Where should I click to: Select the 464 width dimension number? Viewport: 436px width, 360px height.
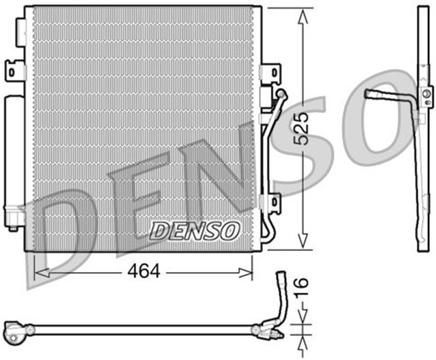coord(143,271)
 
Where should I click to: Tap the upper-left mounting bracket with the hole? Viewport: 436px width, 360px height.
coord(13,70)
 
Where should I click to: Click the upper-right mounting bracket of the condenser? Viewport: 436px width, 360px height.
coord(270,72)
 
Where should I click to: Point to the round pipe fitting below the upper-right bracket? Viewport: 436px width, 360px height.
coord(280,93)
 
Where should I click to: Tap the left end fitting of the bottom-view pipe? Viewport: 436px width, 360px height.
coord(14,331)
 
